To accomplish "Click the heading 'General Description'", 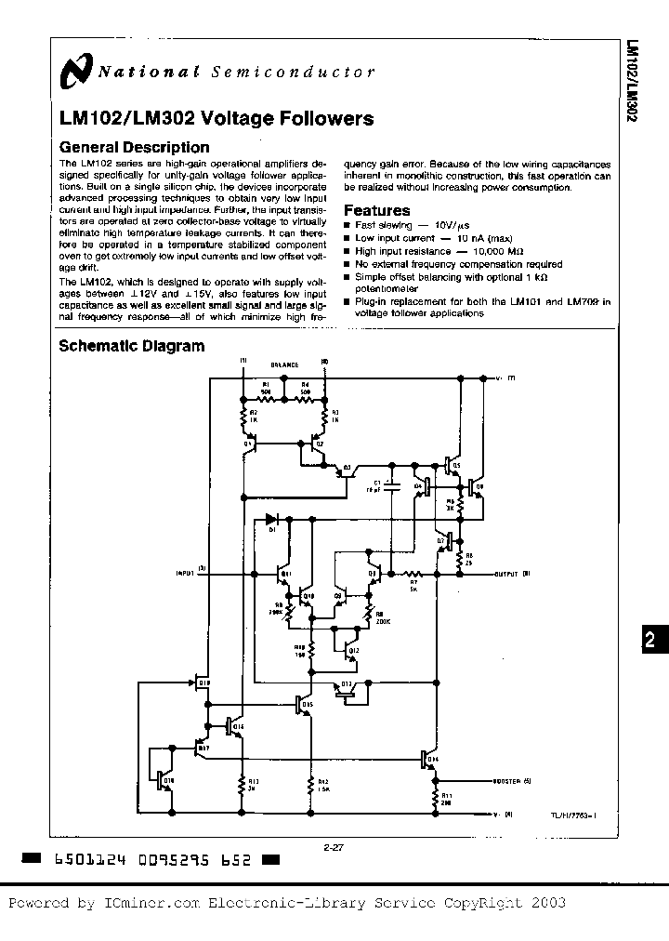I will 134,147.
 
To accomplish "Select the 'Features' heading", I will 376,210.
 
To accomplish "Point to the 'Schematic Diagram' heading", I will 131,346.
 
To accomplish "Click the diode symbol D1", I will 271,520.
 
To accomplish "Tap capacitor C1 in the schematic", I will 391,485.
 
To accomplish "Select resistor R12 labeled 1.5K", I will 311,786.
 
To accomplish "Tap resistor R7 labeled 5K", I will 415,574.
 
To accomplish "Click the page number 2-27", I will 334,847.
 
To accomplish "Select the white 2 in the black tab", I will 650,639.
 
